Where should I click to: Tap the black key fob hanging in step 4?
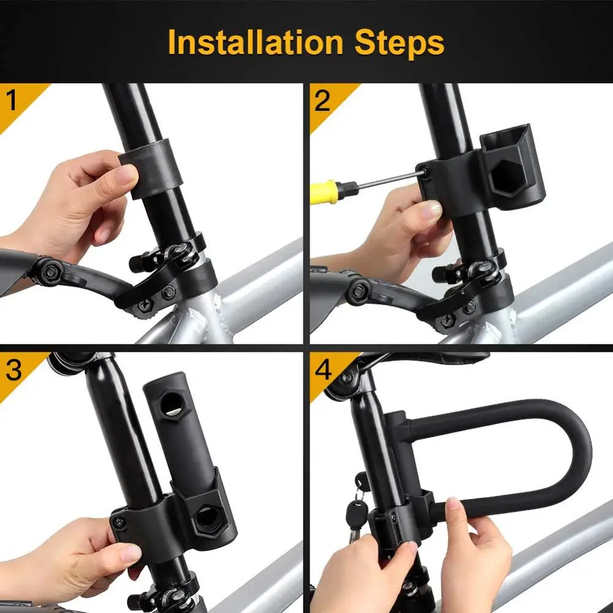pos(356,515)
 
